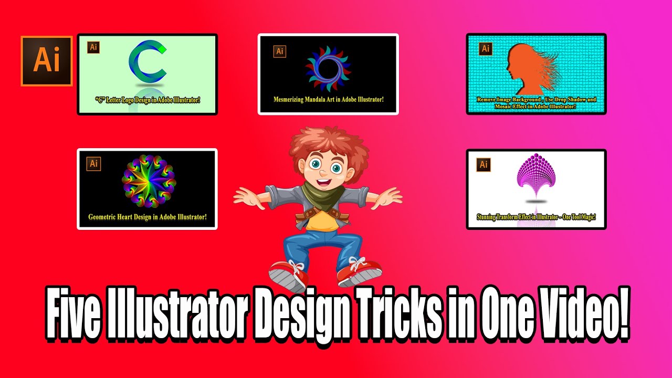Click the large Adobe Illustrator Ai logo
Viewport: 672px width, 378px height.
point(46,61)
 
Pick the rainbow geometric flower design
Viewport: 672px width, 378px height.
point(147,181)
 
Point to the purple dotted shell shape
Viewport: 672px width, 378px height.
point(535,176)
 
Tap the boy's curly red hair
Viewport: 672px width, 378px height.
point(315,144)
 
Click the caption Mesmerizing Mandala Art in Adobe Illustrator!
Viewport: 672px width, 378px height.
point(328,99)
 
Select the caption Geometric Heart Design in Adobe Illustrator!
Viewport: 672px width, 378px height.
point(147,216)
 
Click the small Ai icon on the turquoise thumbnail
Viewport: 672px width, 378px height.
point(486,48)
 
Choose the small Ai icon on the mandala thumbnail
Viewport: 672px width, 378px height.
point(280,51)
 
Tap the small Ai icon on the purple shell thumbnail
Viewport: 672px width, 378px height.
point(484,164)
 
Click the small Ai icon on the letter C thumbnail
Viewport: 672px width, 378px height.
point(93,47)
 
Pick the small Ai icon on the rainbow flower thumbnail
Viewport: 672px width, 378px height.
point(94,163)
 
